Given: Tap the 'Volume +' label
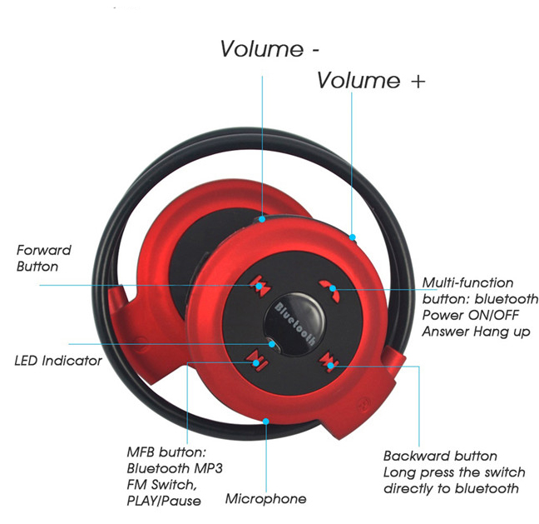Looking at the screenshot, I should (371, 81).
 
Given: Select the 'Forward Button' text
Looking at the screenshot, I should (44, 258).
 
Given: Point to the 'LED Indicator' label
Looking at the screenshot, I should (58, 361).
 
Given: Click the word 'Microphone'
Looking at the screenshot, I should (265, 499).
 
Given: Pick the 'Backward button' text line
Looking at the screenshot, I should (440, 456).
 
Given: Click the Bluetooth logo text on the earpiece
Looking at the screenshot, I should (294, 320).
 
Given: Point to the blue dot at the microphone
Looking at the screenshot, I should (265, 419).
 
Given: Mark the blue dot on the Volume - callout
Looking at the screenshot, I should (262, 219).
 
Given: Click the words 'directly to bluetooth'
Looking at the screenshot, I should (451, 488).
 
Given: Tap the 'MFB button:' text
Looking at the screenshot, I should (166, 452).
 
